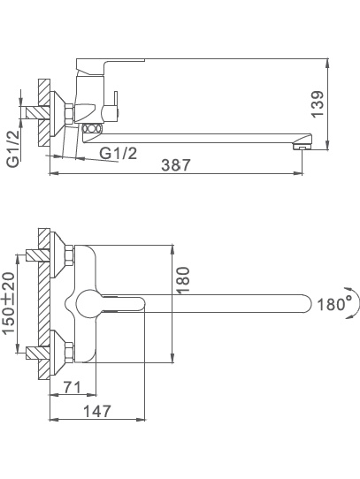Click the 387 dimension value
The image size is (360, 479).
pos(175,165)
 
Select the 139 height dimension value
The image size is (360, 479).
pos(318,103)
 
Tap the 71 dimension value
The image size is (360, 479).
pos(73,387)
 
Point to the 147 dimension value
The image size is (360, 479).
pos(97,412)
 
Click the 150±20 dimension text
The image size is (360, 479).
pos(9,303)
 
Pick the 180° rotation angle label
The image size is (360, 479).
pos(333,305)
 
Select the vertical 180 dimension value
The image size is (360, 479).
pos(183,280)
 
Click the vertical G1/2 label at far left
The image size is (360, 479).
pos(13,148)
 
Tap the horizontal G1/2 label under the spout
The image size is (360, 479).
pos(119,153)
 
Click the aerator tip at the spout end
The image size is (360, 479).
pos(302,147)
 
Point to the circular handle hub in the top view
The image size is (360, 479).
pos(88,304)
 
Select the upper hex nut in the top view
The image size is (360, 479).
pos(69,255)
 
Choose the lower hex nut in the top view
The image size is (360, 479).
pos(69,353)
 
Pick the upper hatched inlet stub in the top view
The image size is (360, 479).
pos(37,255)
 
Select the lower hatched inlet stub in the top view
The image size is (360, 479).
pos(37,353)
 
